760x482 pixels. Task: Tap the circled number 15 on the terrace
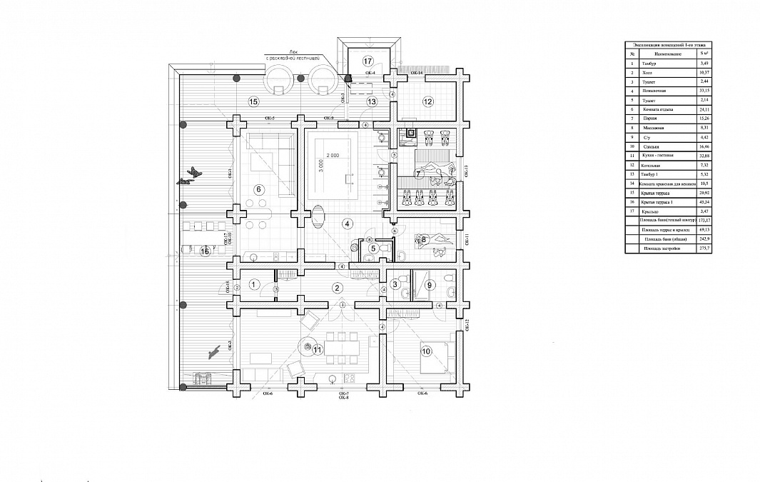253,101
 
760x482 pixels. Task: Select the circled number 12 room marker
427,101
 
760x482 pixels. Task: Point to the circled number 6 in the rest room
259,189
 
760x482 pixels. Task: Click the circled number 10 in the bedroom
426,351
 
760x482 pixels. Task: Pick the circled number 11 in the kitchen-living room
318,348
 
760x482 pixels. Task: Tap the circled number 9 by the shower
429,285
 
